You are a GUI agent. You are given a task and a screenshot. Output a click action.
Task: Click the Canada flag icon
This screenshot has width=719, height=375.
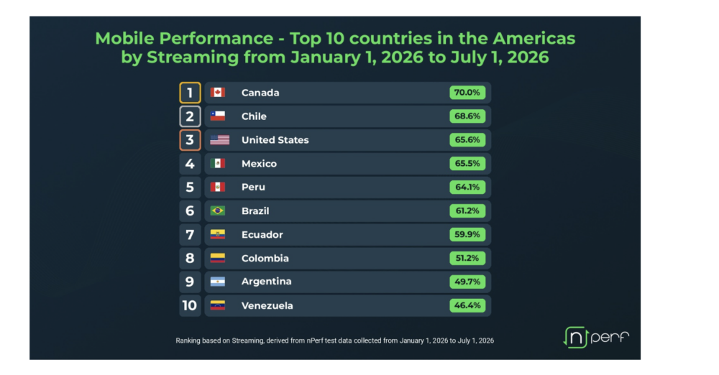(x=217, y=93)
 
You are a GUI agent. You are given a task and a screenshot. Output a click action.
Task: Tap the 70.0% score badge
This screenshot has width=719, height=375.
(x=467, y=93)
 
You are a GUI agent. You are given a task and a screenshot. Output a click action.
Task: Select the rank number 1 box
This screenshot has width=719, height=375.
(x=190, y=93)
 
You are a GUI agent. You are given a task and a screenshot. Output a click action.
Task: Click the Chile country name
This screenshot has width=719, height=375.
(x=254, y=116)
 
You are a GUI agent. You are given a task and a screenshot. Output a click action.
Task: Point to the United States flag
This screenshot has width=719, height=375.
(x=219, y=140)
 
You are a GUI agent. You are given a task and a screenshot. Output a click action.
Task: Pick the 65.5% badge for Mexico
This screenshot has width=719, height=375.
(x=467, y=164)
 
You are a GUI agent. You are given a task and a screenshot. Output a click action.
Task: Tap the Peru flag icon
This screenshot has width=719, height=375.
(x=217, y=187)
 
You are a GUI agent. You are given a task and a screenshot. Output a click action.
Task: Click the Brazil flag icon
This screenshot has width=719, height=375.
(x=217, y=211)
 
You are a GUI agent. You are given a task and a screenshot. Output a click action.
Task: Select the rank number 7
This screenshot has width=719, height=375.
(x=190, y=235)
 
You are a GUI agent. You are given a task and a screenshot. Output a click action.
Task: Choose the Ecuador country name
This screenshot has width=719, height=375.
(x=262, y=235)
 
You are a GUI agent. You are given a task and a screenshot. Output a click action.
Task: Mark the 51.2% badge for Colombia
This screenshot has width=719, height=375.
(x=467, y=258)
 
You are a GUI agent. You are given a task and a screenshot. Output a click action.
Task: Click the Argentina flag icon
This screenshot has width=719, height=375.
(x=217, y=282)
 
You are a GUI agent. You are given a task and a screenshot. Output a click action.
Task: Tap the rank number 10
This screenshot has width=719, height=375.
(x=190, y=306)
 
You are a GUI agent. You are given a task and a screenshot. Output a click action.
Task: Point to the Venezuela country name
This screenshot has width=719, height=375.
(x=267, y=306)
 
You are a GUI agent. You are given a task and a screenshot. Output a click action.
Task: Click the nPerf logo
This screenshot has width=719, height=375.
(x=596, y=338)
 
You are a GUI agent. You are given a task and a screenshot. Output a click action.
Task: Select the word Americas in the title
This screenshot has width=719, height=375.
(x=534, y=39)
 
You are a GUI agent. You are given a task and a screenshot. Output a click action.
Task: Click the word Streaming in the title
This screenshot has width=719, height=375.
(x=193, y=57)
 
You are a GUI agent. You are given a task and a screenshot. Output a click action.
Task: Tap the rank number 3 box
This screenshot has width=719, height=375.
(x=190, y=140)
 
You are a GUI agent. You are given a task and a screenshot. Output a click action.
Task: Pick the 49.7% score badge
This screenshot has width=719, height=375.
(x=467, y=282)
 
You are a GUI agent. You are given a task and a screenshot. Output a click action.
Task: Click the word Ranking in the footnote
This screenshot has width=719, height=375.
(x=187, y=341)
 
